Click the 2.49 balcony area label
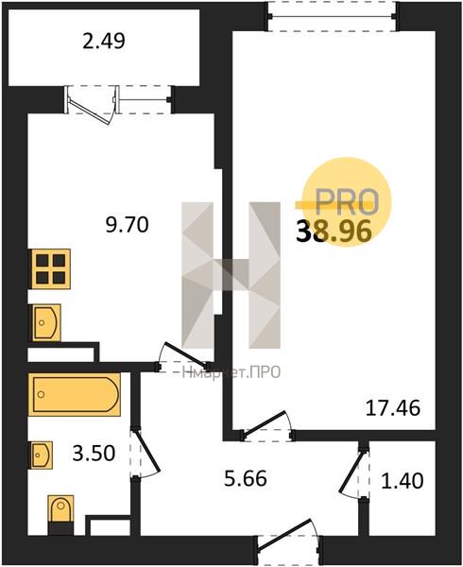(104, 41)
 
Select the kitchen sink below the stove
(46, 322)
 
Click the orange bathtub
(75, 394)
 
